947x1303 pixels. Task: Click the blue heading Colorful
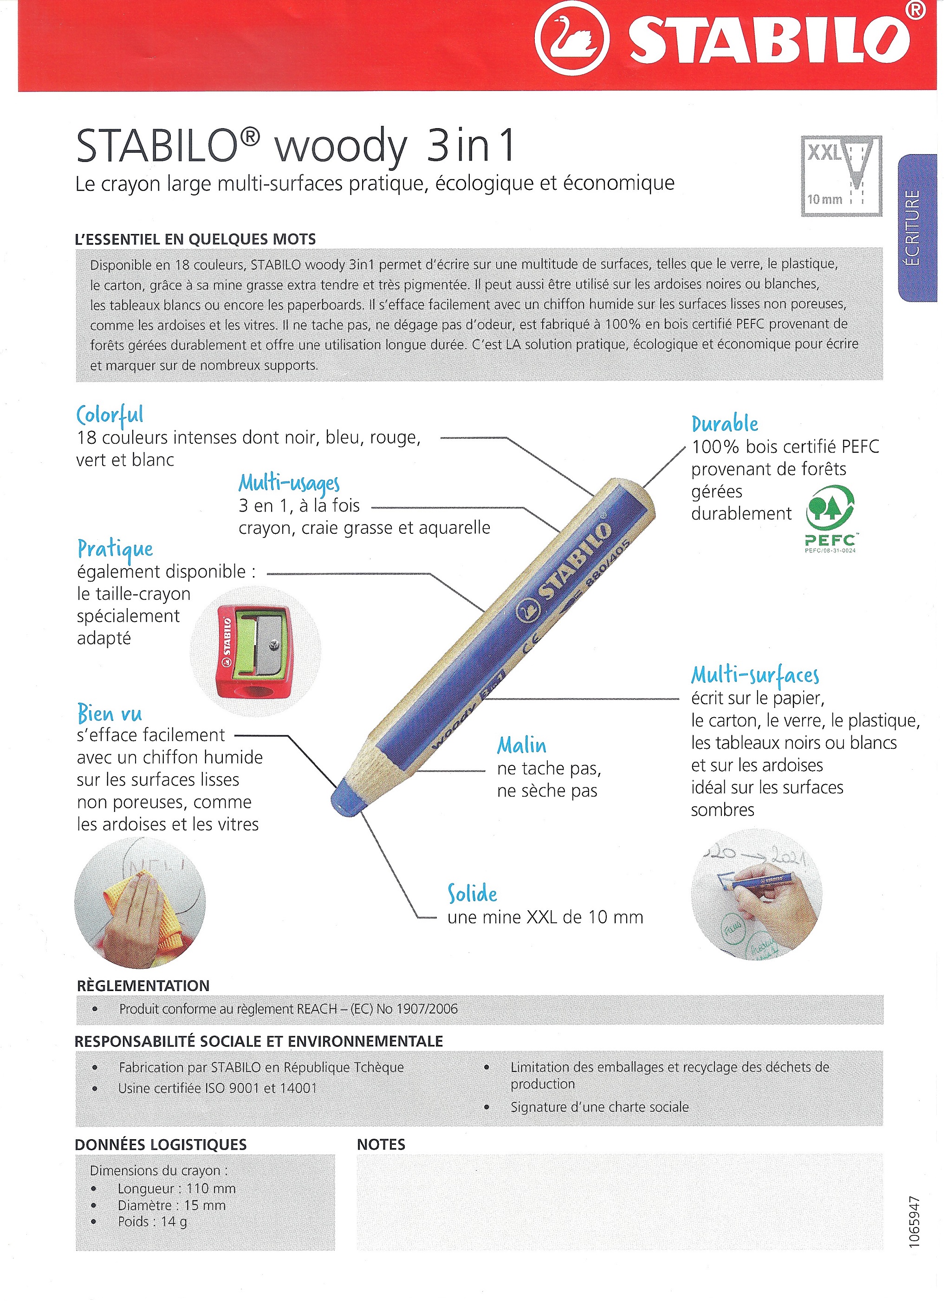click(x=110, y=415)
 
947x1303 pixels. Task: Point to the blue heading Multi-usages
click(x=289, y=484)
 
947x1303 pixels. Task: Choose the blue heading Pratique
click(x=115, y=549)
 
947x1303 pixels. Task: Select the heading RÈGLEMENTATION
click(x=143, y=986)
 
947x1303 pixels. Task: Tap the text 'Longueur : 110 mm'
click(x=177, y=1189)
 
